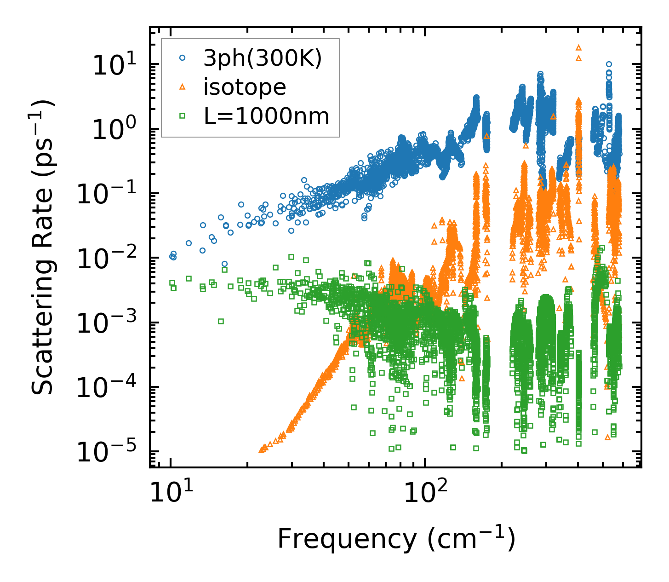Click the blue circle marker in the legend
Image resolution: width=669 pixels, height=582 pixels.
pos(183,58)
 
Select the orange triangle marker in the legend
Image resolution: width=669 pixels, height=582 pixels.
pos(183,87)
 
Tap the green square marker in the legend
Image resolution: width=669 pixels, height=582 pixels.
pos(183,116)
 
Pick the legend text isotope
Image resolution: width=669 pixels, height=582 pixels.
pos(245,87)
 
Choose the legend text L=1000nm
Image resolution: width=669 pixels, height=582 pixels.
pos(267,116)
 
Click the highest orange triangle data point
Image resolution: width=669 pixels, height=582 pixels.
pos(578,47)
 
